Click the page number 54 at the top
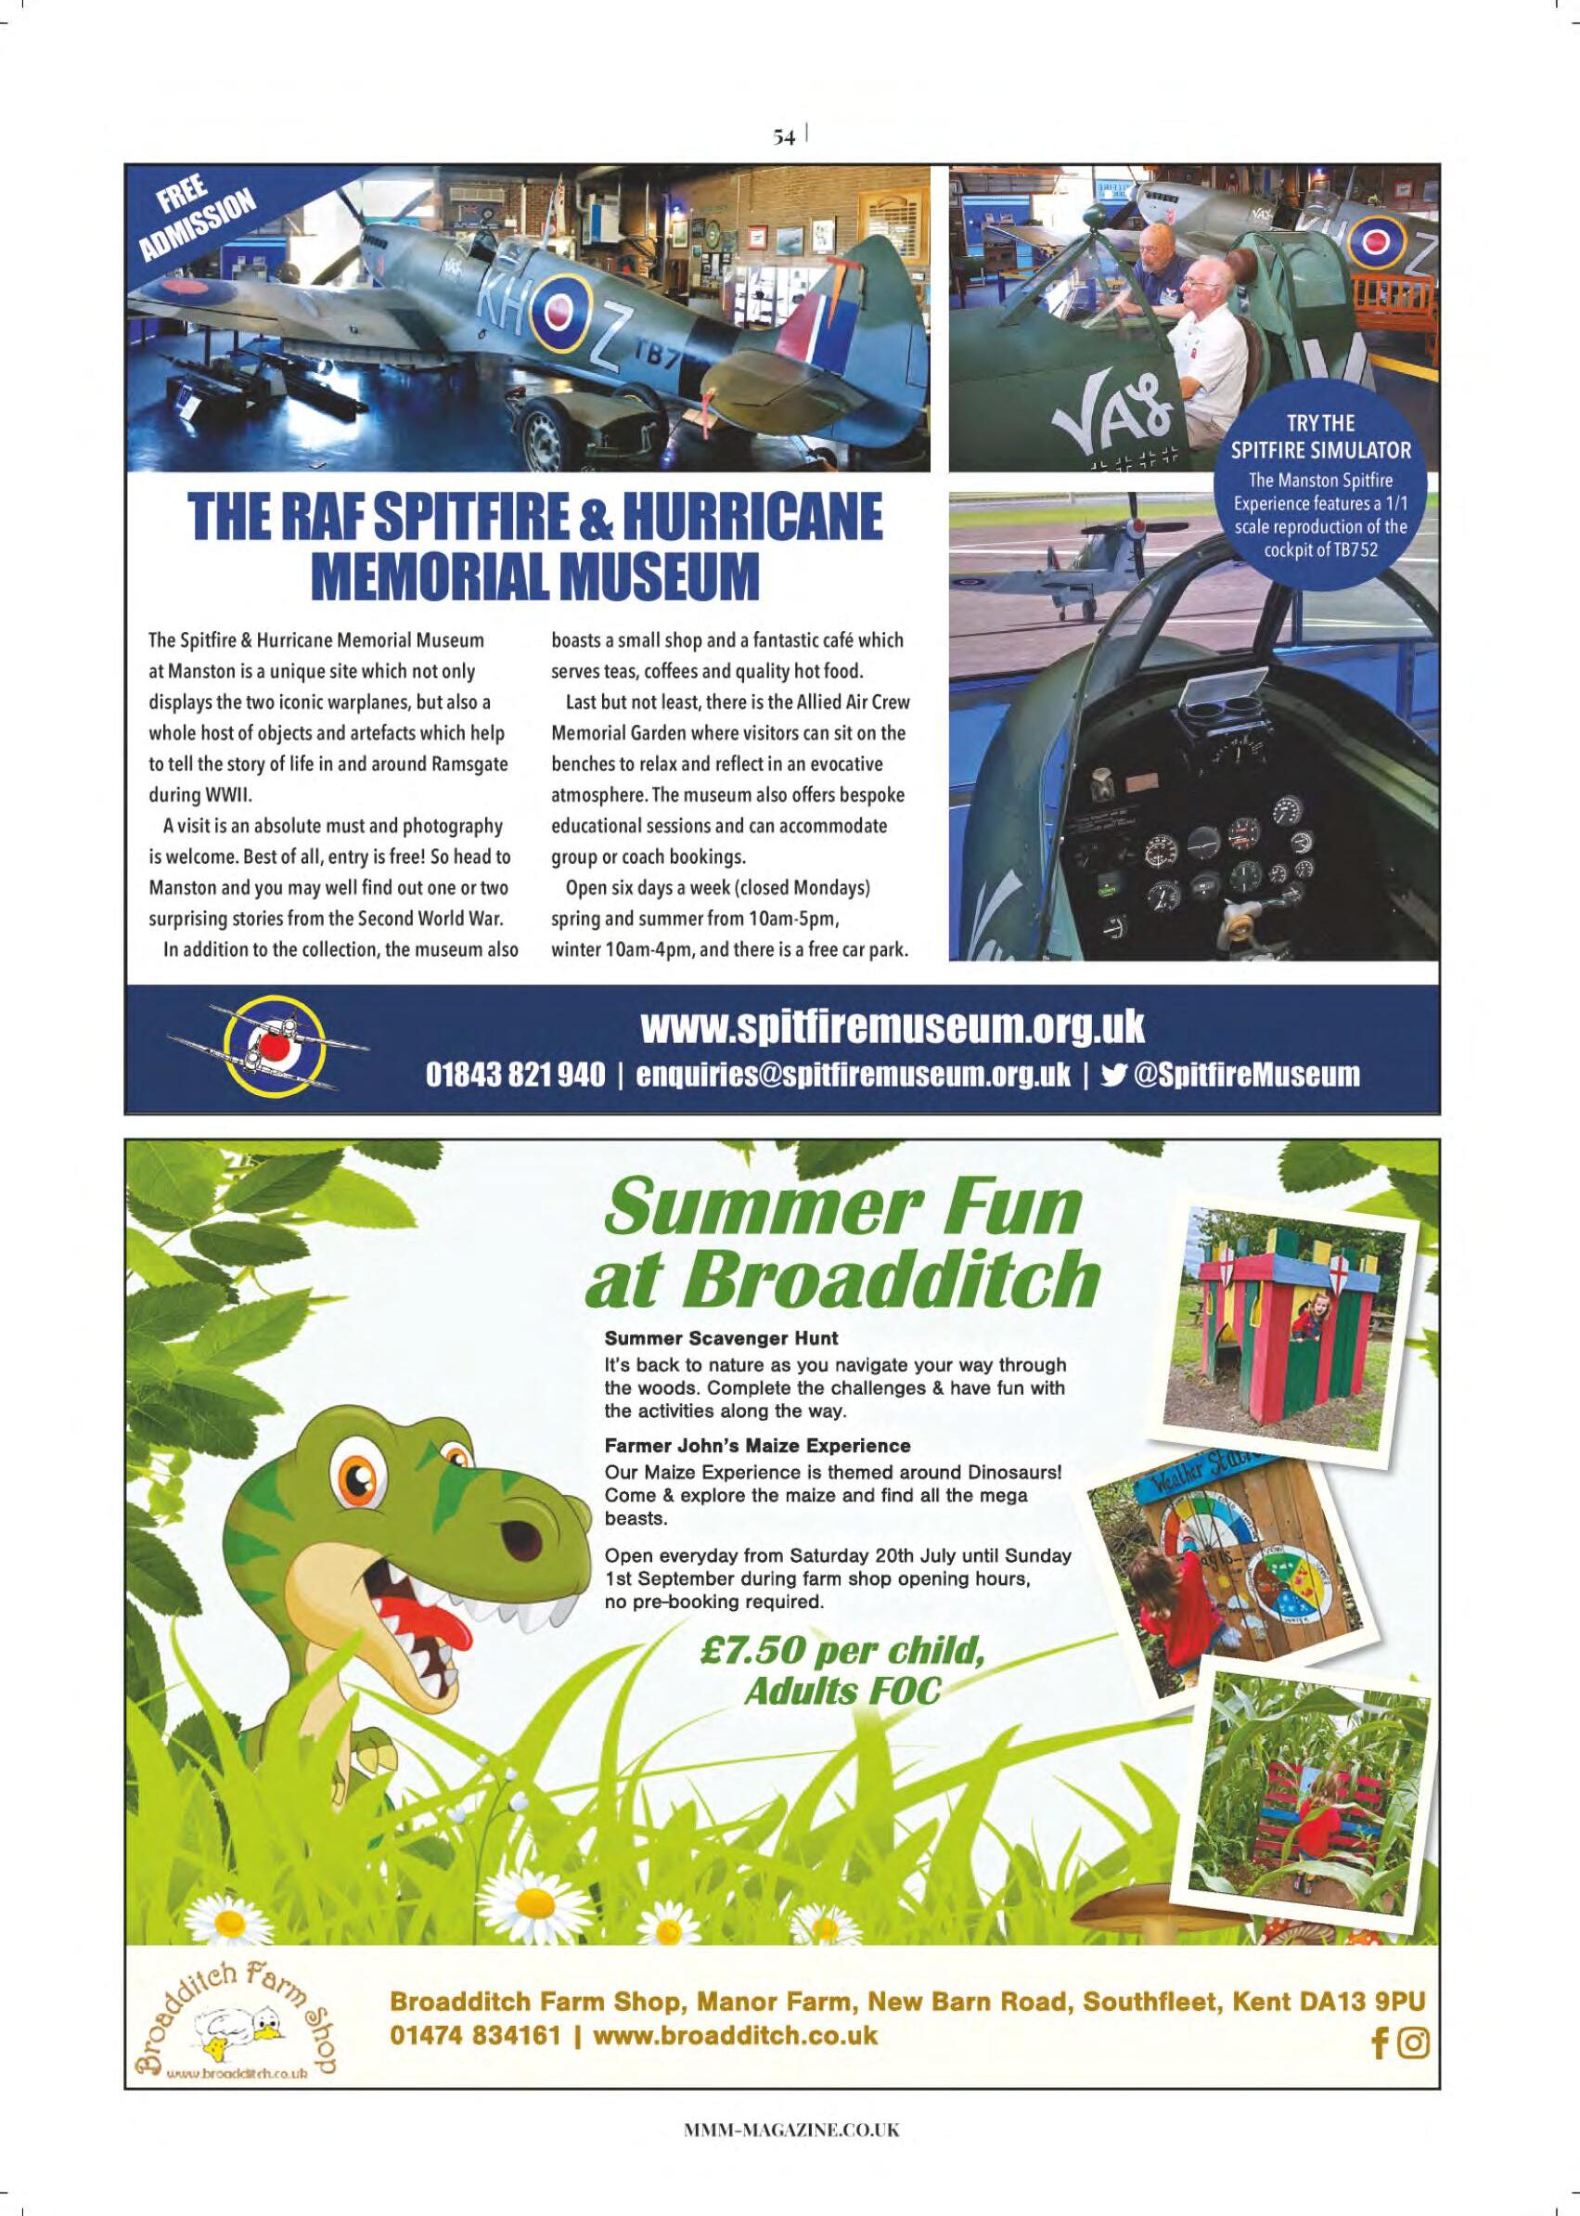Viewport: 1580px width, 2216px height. (x=785, y=138)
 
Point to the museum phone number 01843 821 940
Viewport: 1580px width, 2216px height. (x=515, y=1075)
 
